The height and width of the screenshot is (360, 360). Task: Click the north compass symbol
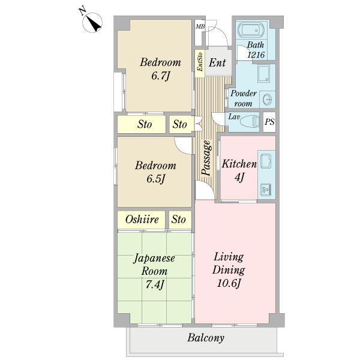[92, 22]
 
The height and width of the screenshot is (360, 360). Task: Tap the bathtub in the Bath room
[251, 30]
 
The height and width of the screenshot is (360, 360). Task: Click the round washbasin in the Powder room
[267, 100]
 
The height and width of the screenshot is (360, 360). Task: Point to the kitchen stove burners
[266, 190]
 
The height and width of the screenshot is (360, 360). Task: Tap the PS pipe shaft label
[269, 122]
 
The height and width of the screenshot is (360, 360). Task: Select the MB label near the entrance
[200, 26]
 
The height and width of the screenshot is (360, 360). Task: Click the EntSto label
[200, 62]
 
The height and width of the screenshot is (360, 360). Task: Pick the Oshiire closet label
[142, 220]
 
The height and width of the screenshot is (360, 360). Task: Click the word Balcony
[206, 338]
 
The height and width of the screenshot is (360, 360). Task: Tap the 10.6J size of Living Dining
[229, 283]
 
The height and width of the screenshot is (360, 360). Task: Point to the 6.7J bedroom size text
[160, 76]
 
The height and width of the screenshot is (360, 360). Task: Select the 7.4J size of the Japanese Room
[155, 284]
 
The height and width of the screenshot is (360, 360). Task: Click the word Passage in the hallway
[206, 158]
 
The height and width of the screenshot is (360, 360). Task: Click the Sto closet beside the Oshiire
[178, 219]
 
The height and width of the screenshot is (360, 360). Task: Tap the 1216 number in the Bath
[256, 55]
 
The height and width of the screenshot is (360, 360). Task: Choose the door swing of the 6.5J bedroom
[183, 146]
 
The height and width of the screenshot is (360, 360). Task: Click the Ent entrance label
[217, 62]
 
